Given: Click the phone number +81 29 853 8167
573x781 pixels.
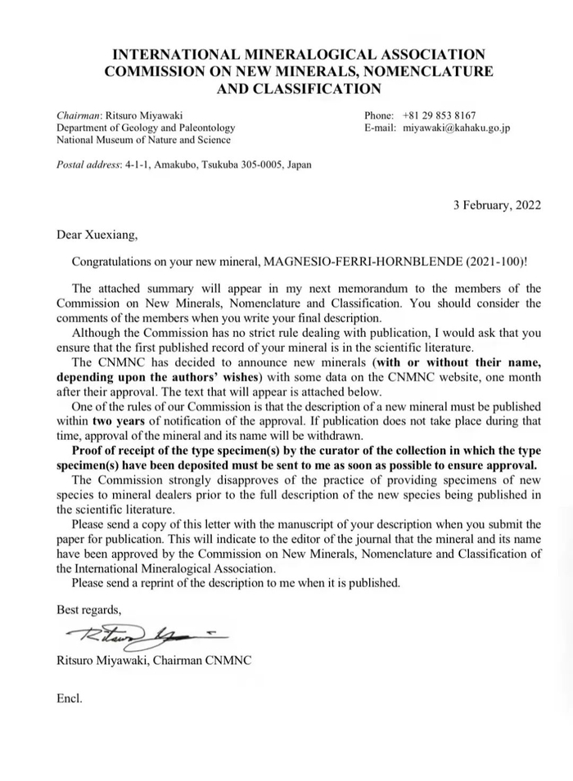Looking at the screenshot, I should pos(440,115).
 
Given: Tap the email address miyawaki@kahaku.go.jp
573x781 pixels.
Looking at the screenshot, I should pos(457,128).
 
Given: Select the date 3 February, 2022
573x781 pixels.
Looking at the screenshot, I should pos(497,206).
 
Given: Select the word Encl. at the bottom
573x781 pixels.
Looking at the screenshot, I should pos(70,700).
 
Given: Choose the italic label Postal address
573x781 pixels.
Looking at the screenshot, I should pos(87,164).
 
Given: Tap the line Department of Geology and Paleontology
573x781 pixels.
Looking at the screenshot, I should pos(146,128).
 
